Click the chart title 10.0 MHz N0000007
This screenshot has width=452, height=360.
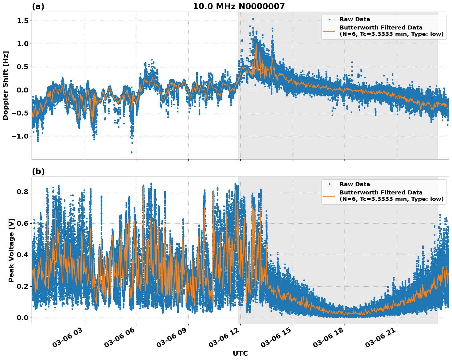pos(239,6)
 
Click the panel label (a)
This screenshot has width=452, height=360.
pos(38,6)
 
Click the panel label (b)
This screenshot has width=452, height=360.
pos(38,171)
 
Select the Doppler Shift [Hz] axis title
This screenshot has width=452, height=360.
pos(6,85)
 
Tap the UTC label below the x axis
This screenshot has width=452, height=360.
pos(240,353)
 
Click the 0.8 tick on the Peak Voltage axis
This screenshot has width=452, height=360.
pos(22,192)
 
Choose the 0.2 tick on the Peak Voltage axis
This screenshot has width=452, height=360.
pos(22,286)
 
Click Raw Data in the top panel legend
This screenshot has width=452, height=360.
pos(355,19)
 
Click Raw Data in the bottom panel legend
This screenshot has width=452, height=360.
pos(355,184)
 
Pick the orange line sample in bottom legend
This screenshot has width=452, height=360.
pos(329,196)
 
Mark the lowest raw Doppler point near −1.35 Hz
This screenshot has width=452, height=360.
pos(131,152)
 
